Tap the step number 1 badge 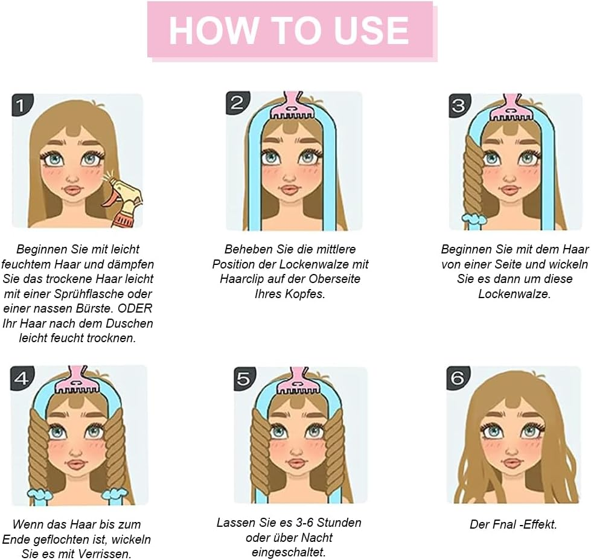20,106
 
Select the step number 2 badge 237,103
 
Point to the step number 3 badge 459,106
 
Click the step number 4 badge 21,378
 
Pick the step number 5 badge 244,379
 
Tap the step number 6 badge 457,378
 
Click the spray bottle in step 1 124,202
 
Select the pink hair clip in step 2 293,107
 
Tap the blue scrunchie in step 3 474,217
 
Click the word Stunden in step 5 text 337,523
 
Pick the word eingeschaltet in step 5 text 289,552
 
